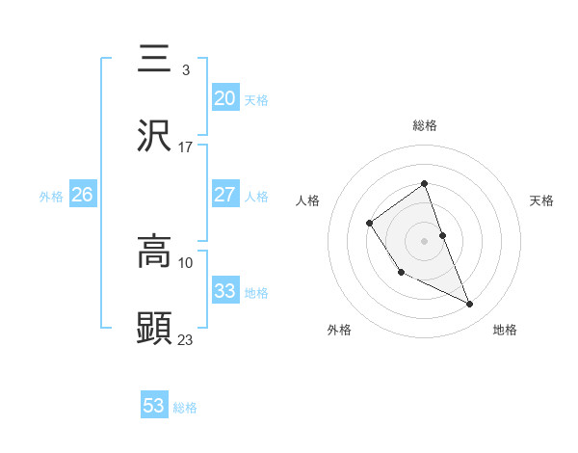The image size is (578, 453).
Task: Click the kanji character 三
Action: (155, 61)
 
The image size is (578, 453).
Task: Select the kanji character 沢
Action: (155, 137)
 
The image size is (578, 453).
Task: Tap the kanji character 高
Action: (155, 253)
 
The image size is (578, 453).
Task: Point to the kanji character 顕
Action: (155, 329)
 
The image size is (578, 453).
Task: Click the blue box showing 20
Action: (224, 98)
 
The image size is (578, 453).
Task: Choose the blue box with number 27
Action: (224, 195)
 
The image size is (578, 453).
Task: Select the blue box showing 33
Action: (224, 291)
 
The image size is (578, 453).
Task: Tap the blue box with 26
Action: (83, 195)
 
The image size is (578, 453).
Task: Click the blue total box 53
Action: (154, 406)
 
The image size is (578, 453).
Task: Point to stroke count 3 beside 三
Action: (185, 70)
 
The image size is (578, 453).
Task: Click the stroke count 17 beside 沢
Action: (186, 147)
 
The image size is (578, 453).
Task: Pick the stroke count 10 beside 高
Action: (186, 262)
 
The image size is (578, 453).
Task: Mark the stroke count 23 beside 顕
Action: (186, 338)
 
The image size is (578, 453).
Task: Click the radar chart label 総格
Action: (424, 125)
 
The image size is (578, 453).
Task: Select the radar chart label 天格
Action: (542, 200)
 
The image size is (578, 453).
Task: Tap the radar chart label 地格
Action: (505, 330)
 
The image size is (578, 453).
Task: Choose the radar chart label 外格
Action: (339, 330)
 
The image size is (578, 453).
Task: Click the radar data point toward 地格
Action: (470, 305)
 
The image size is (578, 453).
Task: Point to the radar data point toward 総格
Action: (424, 183)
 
